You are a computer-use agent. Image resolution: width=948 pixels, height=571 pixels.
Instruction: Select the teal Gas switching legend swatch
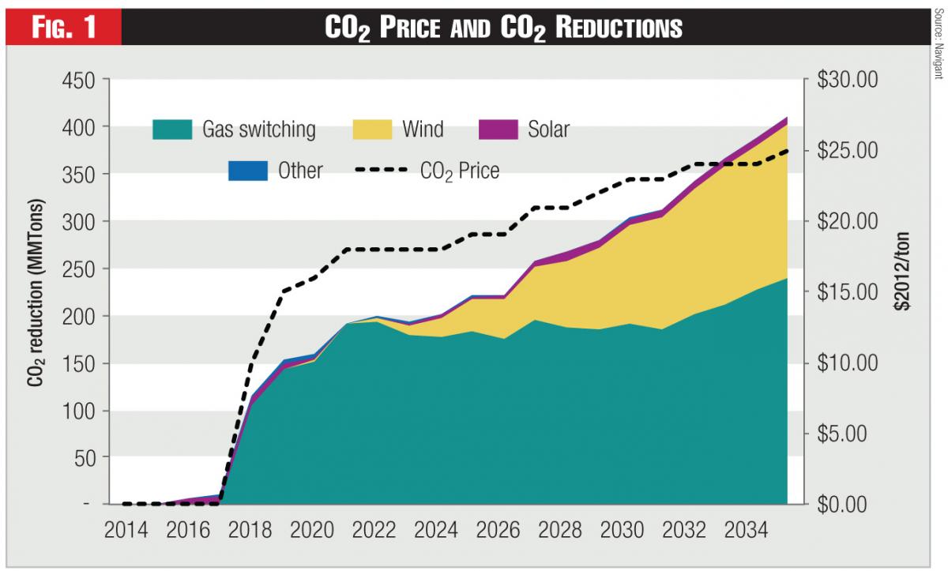[x=172, y=129]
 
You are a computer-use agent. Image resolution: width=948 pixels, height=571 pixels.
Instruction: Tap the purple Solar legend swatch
[x=498, y=129]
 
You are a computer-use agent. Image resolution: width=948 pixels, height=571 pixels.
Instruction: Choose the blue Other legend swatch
[x=247, y=170]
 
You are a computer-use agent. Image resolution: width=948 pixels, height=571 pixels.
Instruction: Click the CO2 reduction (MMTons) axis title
[x=36, y=292]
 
